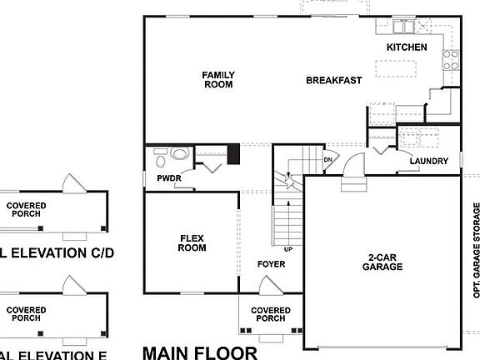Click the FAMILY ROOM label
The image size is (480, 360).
coord(218,80)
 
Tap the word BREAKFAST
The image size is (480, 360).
coord(333,81)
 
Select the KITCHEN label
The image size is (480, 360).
coord(407,47)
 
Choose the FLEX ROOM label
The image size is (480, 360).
coord(192,242)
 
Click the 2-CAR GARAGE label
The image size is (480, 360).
coord(382,262)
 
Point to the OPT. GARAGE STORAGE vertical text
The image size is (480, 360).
coord(476,250)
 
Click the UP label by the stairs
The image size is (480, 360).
coord(288,249)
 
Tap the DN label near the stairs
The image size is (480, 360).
coord(328,159)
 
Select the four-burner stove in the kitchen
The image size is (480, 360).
coord(450,59)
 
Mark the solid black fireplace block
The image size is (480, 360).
coord(234,154)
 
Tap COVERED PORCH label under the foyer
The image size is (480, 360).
coord(271,314)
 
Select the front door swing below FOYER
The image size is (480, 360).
coord(270,285)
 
